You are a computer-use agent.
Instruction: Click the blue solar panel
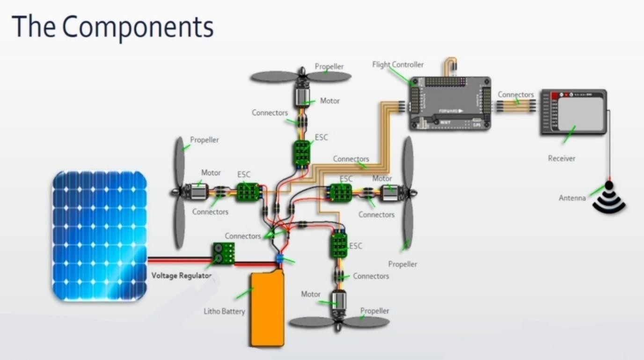(99, 235)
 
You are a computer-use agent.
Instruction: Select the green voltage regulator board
(224, 253)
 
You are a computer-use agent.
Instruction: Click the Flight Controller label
(398, 65)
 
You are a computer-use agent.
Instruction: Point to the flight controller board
(450, 103)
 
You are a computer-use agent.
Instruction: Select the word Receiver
(561, 158)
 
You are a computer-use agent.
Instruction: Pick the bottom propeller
(339, 323)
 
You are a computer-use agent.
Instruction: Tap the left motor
(196, 192)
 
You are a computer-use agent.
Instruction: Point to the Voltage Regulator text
(181, 275)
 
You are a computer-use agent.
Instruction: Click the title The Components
(113, 27)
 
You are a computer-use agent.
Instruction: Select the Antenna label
(572, 198)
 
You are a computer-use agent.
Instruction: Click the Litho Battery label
(224, 311)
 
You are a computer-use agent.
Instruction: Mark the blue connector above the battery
(280, 258)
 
